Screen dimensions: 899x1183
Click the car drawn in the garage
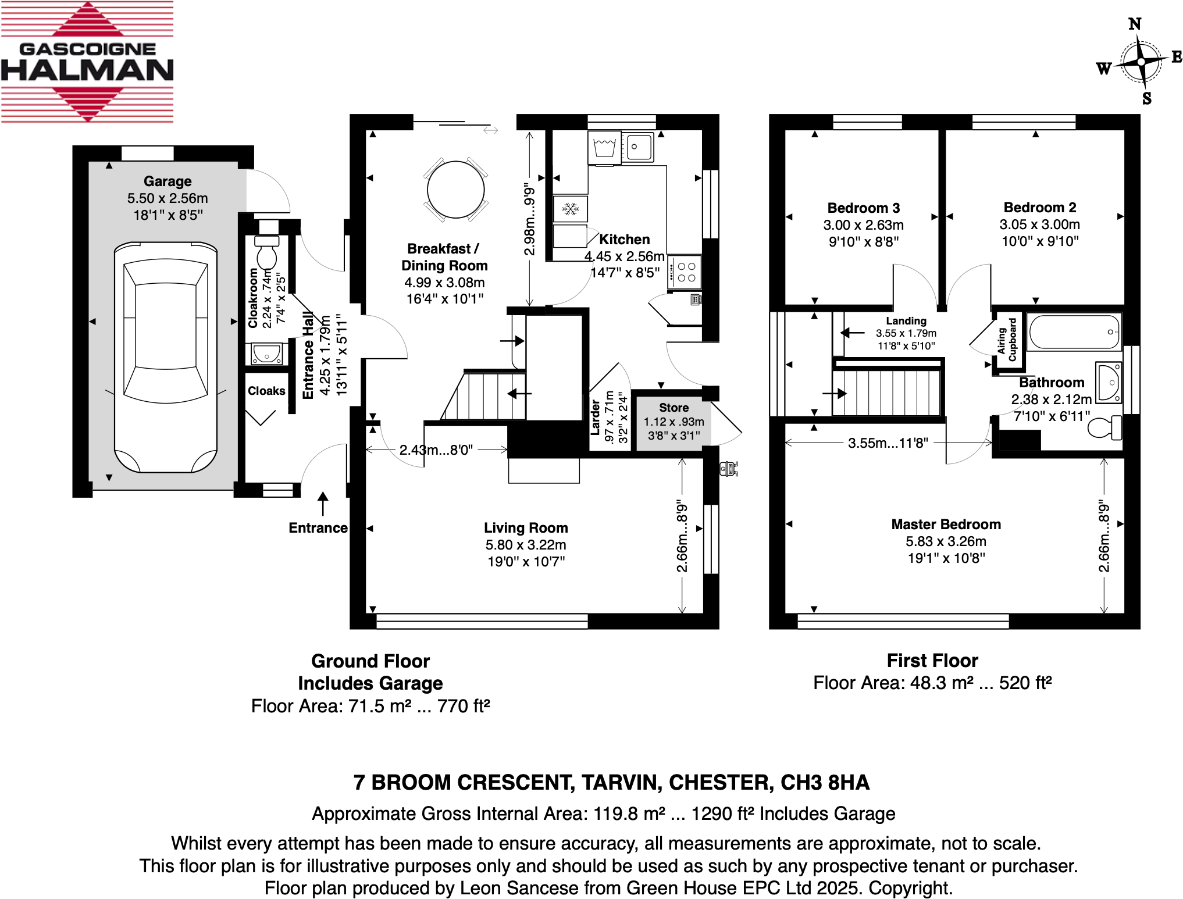pyautogui.click(x=166, y=356)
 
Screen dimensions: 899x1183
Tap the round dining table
pyautogui.click(x=455, y=190)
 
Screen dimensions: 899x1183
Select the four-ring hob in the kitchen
pyautogui.click(x=684, y=272)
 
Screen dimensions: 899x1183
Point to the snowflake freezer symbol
pyautogui.click(x=570, y=209)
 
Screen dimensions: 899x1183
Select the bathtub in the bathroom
pyautogui.click(x=1074, y=332)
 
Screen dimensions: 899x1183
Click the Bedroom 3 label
pyautogui.click(x=863, y=208)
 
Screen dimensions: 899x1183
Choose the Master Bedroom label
pyautogui.click(x=946, y=525)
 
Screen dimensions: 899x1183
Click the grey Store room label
pyautogui.click(x=674, y=408)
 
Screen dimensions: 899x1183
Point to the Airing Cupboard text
pyautogui.click(x=1007, y=340)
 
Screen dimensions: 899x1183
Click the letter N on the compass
pyautogui.click(x=1134, y=24)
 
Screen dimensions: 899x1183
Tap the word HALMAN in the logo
pyautogui.click(x=87, y=71)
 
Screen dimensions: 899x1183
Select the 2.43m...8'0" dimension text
pyautogui.click(x=436, y=449)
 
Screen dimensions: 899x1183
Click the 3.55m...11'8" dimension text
pyautogui.click(x=888, y=443)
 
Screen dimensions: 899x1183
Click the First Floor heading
pyautogui.click(x=932, y=661)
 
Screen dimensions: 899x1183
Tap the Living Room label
pyautogui.click(x=526, y=528)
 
